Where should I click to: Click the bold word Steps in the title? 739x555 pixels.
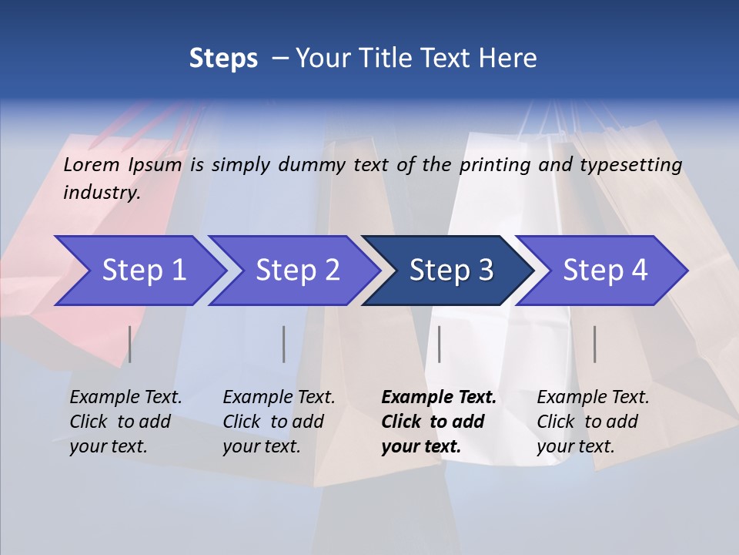[x=223, y=59]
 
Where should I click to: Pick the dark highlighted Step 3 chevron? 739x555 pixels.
[x=451, y=271]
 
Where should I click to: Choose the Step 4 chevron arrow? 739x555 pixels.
[x=605, y=271]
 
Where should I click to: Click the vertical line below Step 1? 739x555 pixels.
[x=130, y=344]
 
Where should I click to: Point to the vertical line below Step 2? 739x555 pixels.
[x=284, y=344]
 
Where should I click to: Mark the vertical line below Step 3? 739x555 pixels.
[x=439, y=344]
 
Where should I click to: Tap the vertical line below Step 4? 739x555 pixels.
[x=595, y=344]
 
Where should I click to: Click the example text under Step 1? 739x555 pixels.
[x=125, y=422]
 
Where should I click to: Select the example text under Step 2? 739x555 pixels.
[x=279, y=422]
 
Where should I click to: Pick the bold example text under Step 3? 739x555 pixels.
[x=439, y=422]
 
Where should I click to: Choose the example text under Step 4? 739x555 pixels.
[x=593, y=422]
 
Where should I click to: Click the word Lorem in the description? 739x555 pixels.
[x=92, y=164]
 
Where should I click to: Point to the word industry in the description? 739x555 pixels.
[x=102, y=193]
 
